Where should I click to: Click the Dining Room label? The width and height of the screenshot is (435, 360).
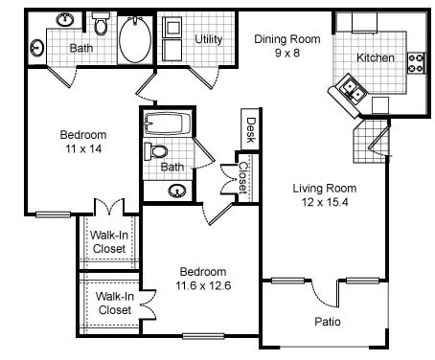click(x=286, y=39)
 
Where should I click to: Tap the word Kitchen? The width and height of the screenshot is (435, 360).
click(x=375, y=57)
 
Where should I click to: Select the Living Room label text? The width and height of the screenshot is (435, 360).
click(x=324, y=188)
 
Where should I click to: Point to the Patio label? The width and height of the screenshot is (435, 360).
click(x=327, y=322)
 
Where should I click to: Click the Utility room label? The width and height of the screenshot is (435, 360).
click(x=208, y=39)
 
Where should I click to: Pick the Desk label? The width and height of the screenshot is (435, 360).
click(x=250, y=129)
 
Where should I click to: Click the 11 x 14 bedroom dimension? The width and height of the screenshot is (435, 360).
click(x=84, y=149)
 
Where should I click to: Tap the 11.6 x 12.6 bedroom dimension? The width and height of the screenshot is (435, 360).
click(x=201, y=285)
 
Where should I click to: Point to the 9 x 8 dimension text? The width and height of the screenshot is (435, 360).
click(x=286, y=54)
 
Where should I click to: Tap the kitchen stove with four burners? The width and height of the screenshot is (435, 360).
click(x=416, y=63)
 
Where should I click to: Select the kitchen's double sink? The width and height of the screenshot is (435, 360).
click(x=348, y=92)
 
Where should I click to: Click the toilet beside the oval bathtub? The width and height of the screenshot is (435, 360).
click(x=102, y=23)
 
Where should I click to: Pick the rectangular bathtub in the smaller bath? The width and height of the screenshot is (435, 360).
click(x=168, y=124)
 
